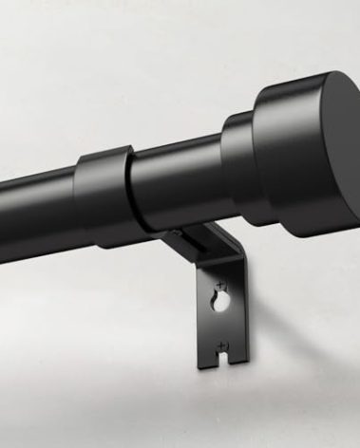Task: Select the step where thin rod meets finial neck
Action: (222, 152)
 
